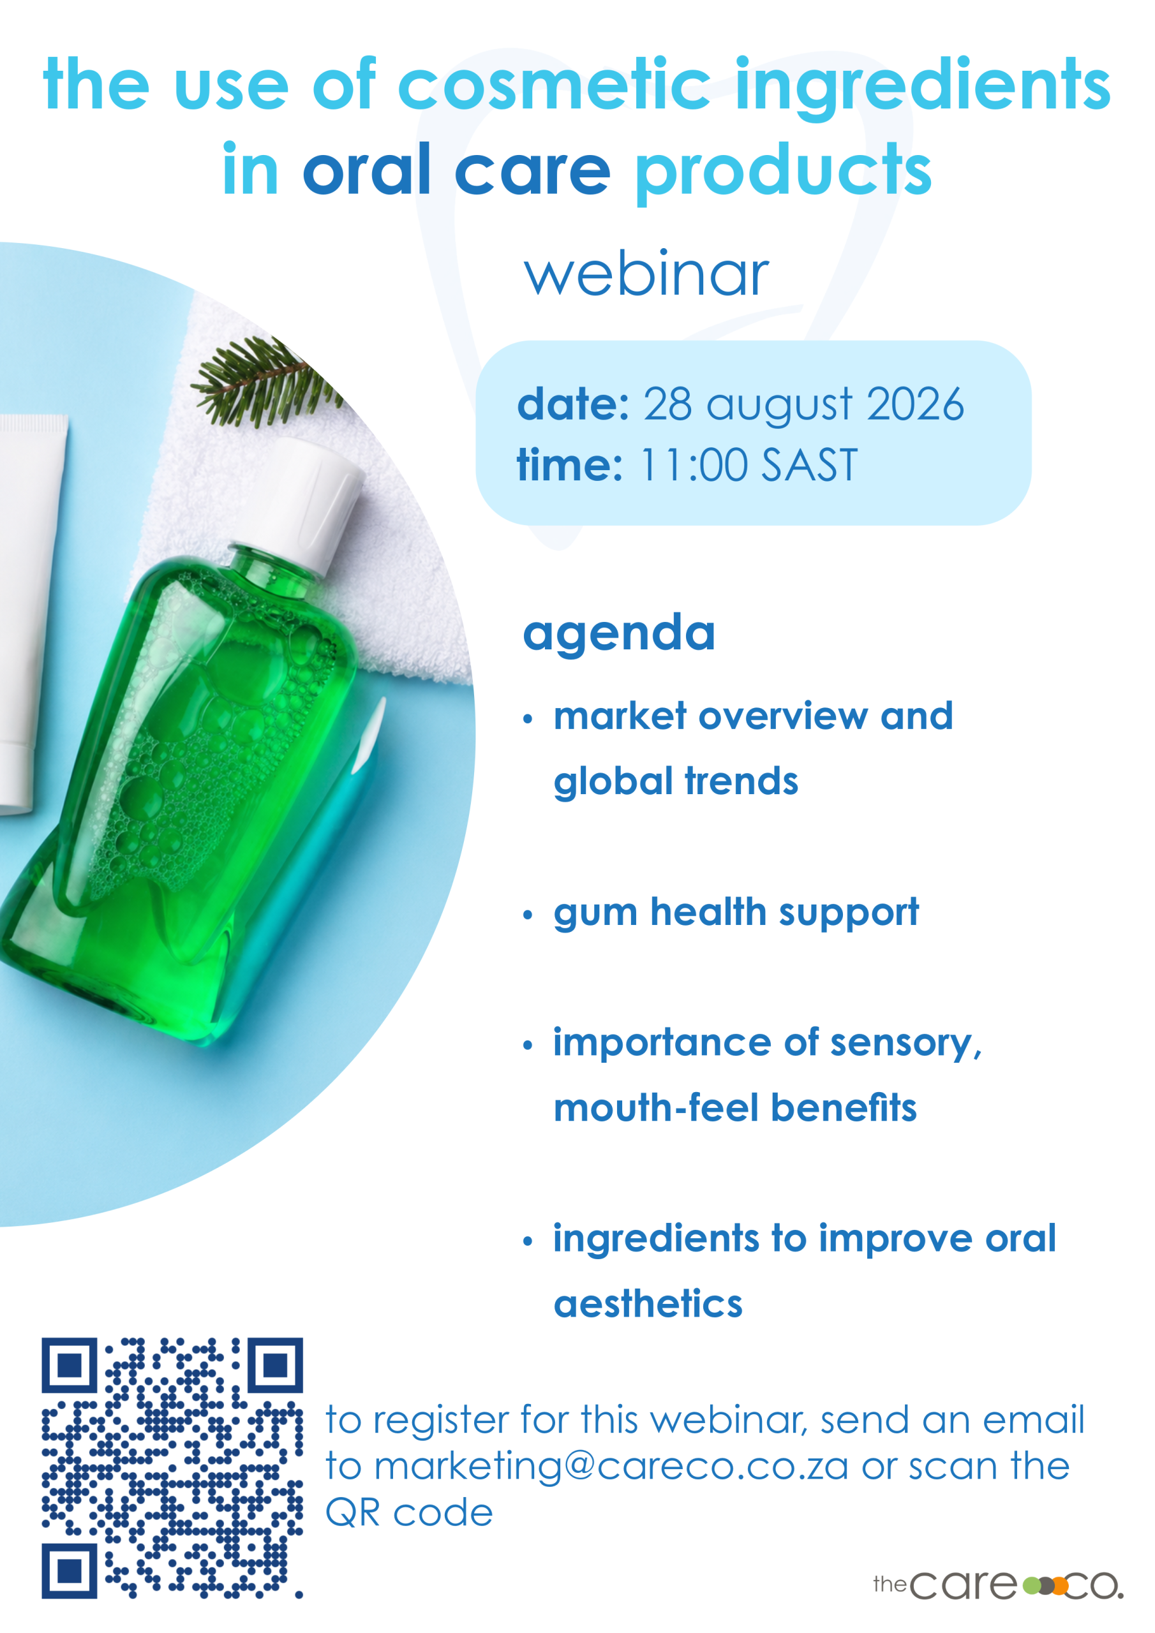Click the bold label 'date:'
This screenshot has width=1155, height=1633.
(x=573, y=404)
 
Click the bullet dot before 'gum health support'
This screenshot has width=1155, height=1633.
(x=527, y=915)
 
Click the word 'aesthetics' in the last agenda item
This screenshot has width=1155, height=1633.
(x=648, y=1304)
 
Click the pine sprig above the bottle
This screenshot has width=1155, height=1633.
(x=265, y=382)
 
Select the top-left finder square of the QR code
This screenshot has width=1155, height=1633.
(x=69, y=1365)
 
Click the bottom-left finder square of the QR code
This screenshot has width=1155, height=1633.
(x=69, y=1571)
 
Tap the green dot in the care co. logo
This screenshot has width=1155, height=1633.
(x=1031, y=1585)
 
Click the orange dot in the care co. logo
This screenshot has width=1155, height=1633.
(x=1060, y=1585)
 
